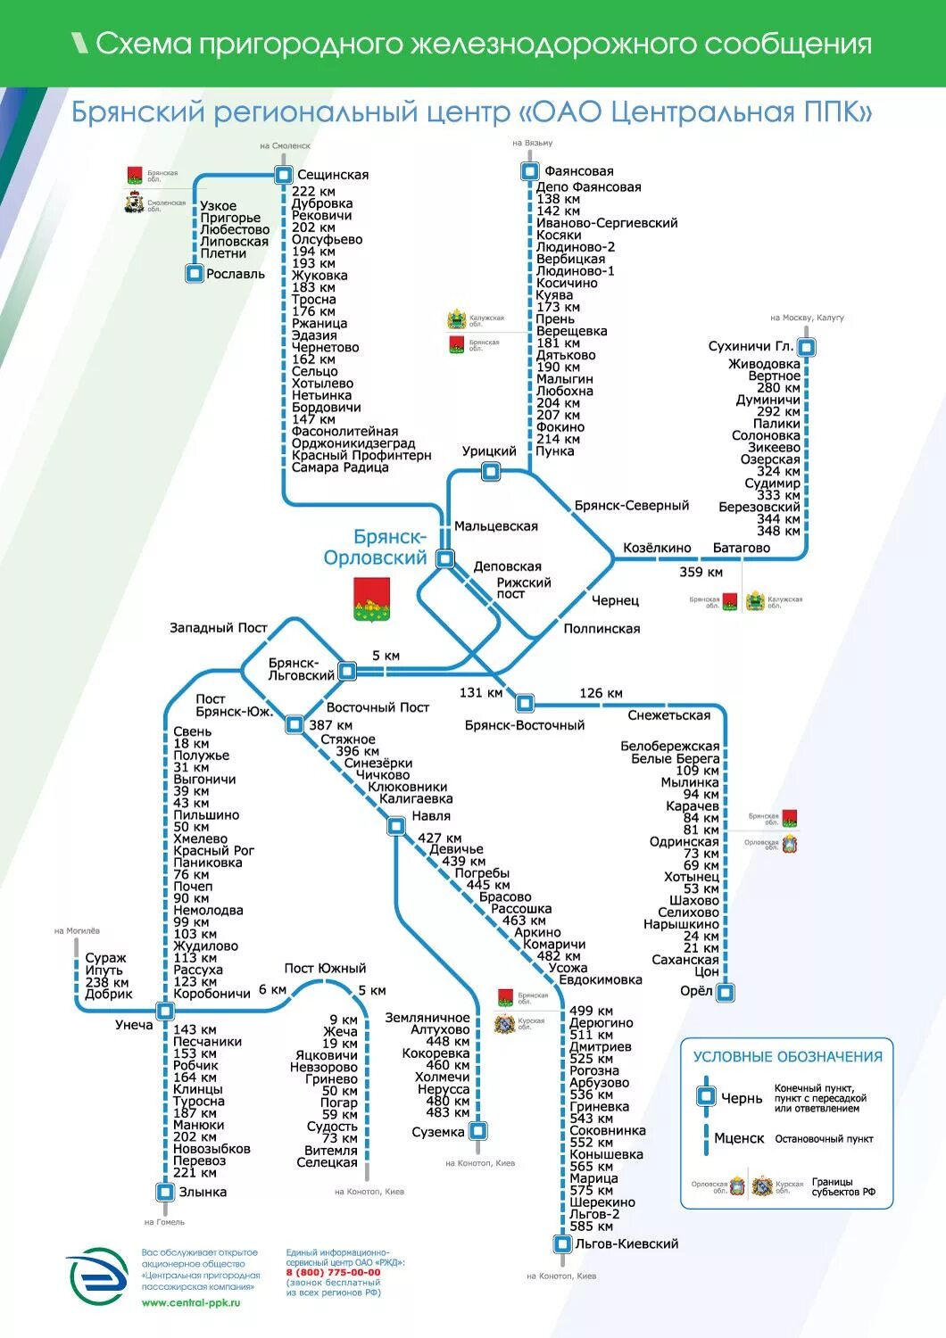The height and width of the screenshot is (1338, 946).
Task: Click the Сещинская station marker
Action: click(x=284, y=175)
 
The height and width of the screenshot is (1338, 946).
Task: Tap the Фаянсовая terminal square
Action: click(x=529, y=170)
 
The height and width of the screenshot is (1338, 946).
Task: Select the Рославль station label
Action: click(x=236, y=274)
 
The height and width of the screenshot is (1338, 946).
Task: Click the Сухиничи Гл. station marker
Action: click(x=807, y=347)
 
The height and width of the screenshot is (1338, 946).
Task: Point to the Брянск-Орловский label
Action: click(x=376, y=547)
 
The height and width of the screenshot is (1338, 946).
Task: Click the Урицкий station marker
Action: click(x=490, y=471)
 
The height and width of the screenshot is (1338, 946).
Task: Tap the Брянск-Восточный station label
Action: click(x=525, y=725)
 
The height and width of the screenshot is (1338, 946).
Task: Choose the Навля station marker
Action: click(x=396, y=826)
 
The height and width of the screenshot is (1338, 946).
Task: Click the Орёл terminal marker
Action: click(x=726, y=992)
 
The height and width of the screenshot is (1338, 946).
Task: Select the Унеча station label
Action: click(x=134, y=1025)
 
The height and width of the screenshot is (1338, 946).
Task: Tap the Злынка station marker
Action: click(x=165, y=1192)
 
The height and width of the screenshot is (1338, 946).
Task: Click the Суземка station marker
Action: click(x=478, y=1131)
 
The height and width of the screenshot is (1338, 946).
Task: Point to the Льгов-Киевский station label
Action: click(x=627, y=1243)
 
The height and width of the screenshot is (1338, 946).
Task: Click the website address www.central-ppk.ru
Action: click(x=191, y=1303)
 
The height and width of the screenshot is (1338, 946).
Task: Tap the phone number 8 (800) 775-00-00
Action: click(x=333, y=1273)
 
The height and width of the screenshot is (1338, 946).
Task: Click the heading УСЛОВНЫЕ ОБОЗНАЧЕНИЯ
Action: click(x=787, y=1057)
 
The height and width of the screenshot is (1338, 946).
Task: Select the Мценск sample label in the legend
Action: click(x=739, y=1138)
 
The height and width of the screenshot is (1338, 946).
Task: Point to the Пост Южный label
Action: click(x=325, y=968)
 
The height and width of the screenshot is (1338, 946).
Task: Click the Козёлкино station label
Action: click(x=657, y=548)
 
